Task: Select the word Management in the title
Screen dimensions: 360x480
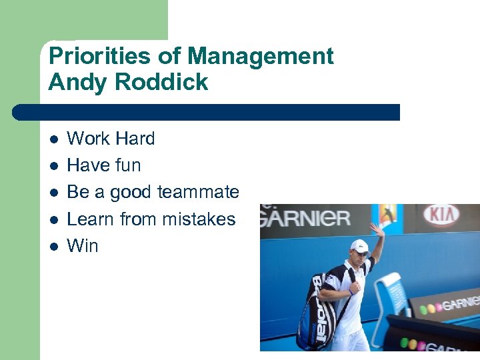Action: [261, 56]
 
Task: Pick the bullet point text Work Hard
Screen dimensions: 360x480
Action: [111, 139]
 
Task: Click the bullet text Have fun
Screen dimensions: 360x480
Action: [104, 165]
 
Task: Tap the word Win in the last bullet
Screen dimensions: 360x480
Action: [83, 246]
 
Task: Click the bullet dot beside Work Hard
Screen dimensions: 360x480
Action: [54, 139]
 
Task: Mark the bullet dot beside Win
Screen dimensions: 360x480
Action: [54, 247]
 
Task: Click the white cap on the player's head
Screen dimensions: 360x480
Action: [360, 245]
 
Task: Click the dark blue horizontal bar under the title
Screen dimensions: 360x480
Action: [207, 112]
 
